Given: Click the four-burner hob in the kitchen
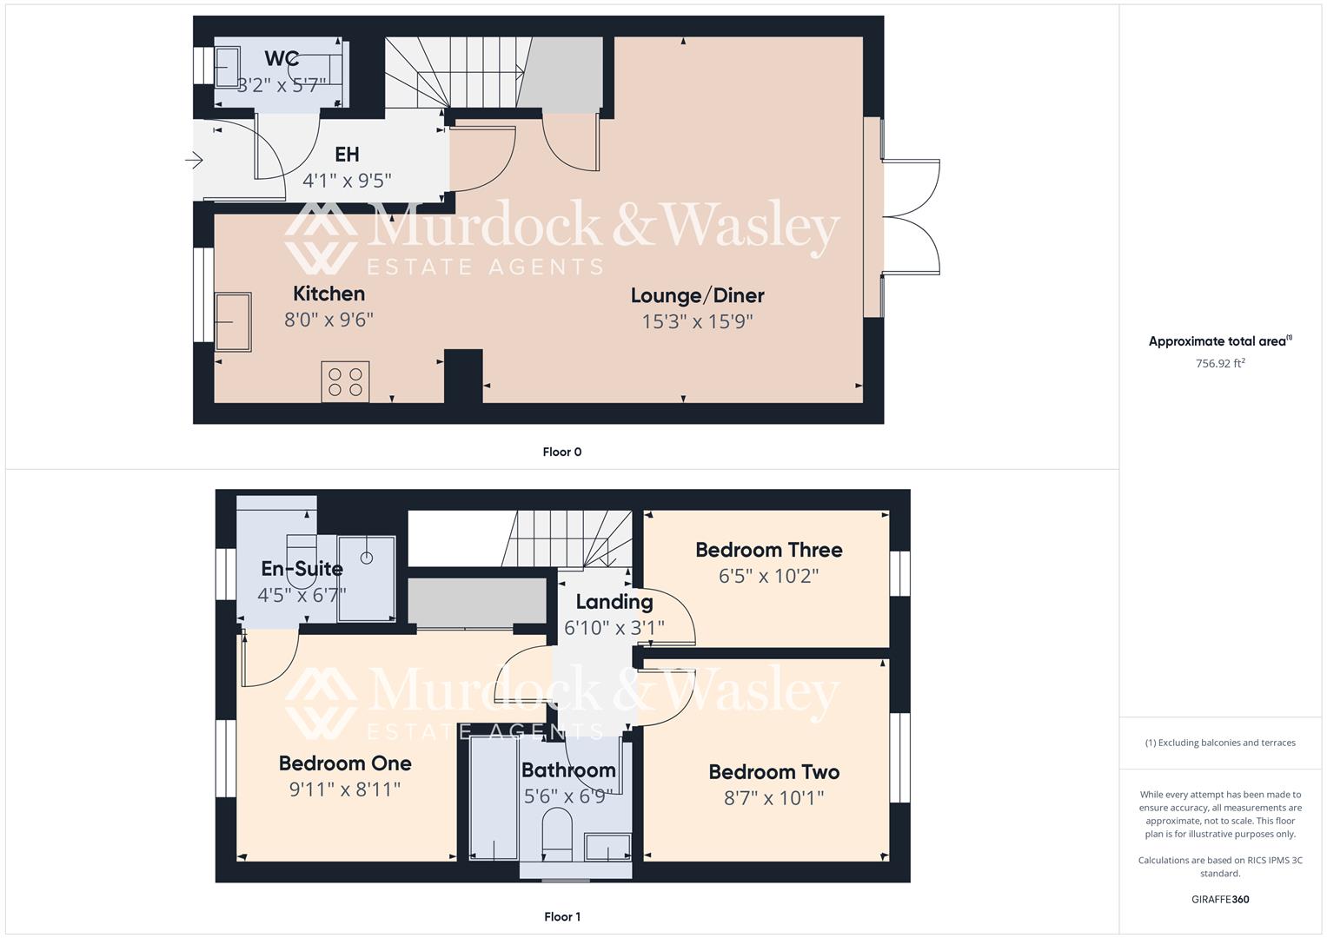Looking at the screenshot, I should (x=345, y=382).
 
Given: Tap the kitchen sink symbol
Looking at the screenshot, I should (x=233, y=321).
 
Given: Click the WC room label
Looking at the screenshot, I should (x=282, y=59).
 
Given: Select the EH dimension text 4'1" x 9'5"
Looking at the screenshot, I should (x=347, y=181).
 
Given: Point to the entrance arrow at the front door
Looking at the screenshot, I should (x=194, y=160).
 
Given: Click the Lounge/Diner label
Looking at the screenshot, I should (x=697, y=295).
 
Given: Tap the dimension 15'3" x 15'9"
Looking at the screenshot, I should (x=697, y=321).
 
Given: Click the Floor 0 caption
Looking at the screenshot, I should (x=561, y=452).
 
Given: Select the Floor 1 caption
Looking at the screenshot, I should (x=561, y=916).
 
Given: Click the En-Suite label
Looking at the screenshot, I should (x=302, y=569).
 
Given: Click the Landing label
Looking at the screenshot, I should (x=614, y=601).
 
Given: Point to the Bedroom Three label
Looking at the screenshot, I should (x=768, y=550).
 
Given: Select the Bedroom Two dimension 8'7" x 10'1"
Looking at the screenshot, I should (x=773, y=797).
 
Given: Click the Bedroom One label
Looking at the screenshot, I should (x=345, y=763).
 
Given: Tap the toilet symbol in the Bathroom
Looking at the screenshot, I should (x=557, y=834).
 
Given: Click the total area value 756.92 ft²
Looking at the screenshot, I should (x=1220, y=364).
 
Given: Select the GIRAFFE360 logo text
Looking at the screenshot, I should (x=1219, y=899).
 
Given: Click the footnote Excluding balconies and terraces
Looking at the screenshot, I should (x=1220, y=743).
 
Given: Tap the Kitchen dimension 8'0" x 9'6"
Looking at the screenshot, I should (x=328, y=320).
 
